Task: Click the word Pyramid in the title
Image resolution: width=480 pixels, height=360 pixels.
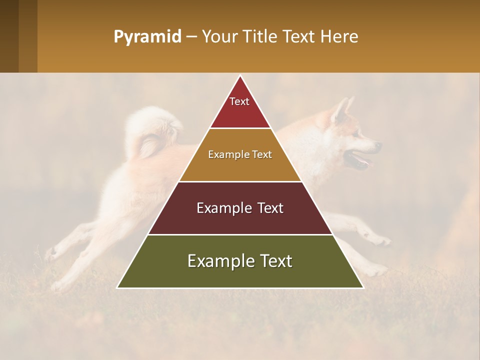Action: click(147, 37)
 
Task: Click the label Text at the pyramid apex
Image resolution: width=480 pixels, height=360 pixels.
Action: click(239, 101)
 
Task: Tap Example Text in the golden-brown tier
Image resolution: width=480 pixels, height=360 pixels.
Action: click(240, 154)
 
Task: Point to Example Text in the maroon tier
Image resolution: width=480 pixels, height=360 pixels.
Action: click(240, 208)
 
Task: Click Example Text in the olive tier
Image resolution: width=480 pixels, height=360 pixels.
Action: click(240, 261)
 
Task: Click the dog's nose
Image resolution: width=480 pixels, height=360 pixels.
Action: click(378, 146)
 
